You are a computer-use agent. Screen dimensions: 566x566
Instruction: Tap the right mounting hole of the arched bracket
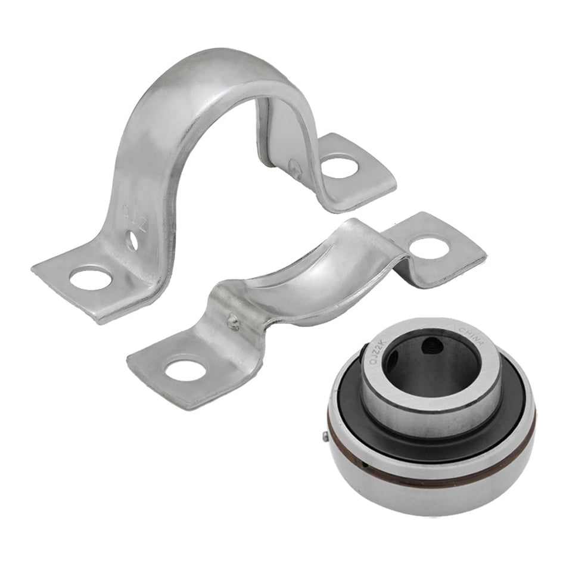tap(340, 166)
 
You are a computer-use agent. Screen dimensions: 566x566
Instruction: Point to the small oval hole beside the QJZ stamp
tap(132, 241)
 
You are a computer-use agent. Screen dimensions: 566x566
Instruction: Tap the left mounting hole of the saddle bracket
tap(185, 370)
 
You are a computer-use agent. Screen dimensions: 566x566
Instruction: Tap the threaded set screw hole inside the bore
tap(430, 346)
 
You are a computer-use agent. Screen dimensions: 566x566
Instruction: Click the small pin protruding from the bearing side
tap(326, 437)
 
